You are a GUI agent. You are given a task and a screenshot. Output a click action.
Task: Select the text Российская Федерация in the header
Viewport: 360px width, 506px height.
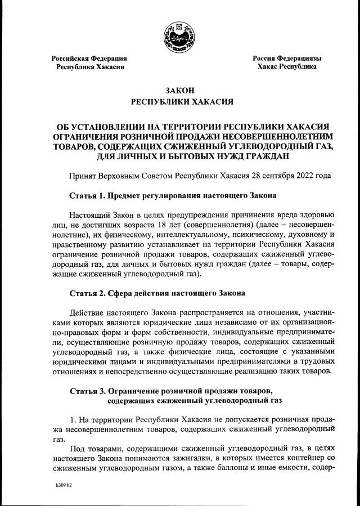tap(89, 58)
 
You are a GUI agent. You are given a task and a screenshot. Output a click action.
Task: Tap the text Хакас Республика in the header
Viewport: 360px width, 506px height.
tap(286, 66)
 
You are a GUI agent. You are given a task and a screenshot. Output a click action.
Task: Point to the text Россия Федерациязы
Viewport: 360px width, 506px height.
tap(286, 58)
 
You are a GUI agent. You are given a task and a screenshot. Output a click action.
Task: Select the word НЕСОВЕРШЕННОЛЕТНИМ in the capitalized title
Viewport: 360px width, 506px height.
tap(276, 136)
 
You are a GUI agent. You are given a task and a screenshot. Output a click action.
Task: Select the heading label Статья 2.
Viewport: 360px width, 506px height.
tap(87, 294)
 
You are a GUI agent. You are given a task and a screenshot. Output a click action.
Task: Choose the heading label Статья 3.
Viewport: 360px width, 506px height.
tap(87, 391)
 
